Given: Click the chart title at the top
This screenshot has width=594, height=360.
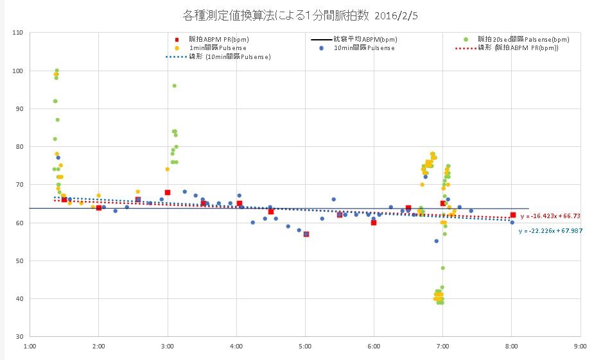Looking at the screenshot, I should pyautogui.click(x=296, y=13).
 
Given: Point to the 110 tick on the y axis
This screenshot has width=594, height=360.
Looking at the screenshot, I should pyautogui.click(x=17, y=33).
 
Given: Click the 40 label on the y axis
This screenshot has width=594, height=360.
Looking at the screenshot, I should pyautogui.click(x=19, y=298).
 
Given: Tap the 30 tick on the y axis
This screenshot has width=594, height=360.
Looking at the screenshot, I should pyautogui.click(x=19, y=336).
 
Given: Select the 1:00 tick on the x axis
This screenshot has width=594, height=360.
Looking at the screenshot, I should pyautogui.click(x=30, y=346).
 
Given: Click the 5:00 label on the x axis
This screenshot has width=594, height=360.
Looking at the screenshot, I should pyautogui.click(x=305, y=346).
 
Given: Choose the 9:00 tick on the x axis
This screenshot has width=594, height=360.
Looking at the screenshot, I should pyautogui.click(x=581, y=346).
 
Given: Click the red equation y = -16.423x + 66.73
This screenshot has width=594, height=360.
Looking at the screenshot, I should pyautogui.click(x=550, y=217).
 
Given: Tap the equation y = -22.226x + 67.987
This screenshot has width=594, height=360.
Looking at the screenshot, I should pyautogui.click(x=550, y=230).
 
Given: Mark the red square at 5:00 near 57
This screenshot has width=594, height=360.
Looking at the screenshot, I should pyautogui.click(x=306, y=234).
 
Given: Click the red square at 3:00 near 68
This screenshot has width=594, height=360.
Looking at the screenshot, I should pyautogui.click(x=168, y=193).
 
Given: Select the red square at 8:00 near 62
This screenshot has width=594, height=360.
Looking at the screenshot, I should pyautogui.click(x=512, y=215).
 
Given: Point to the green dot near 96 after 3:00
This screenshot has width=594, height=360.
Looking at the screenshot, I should pyautogui.click(x=174, y=86).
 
